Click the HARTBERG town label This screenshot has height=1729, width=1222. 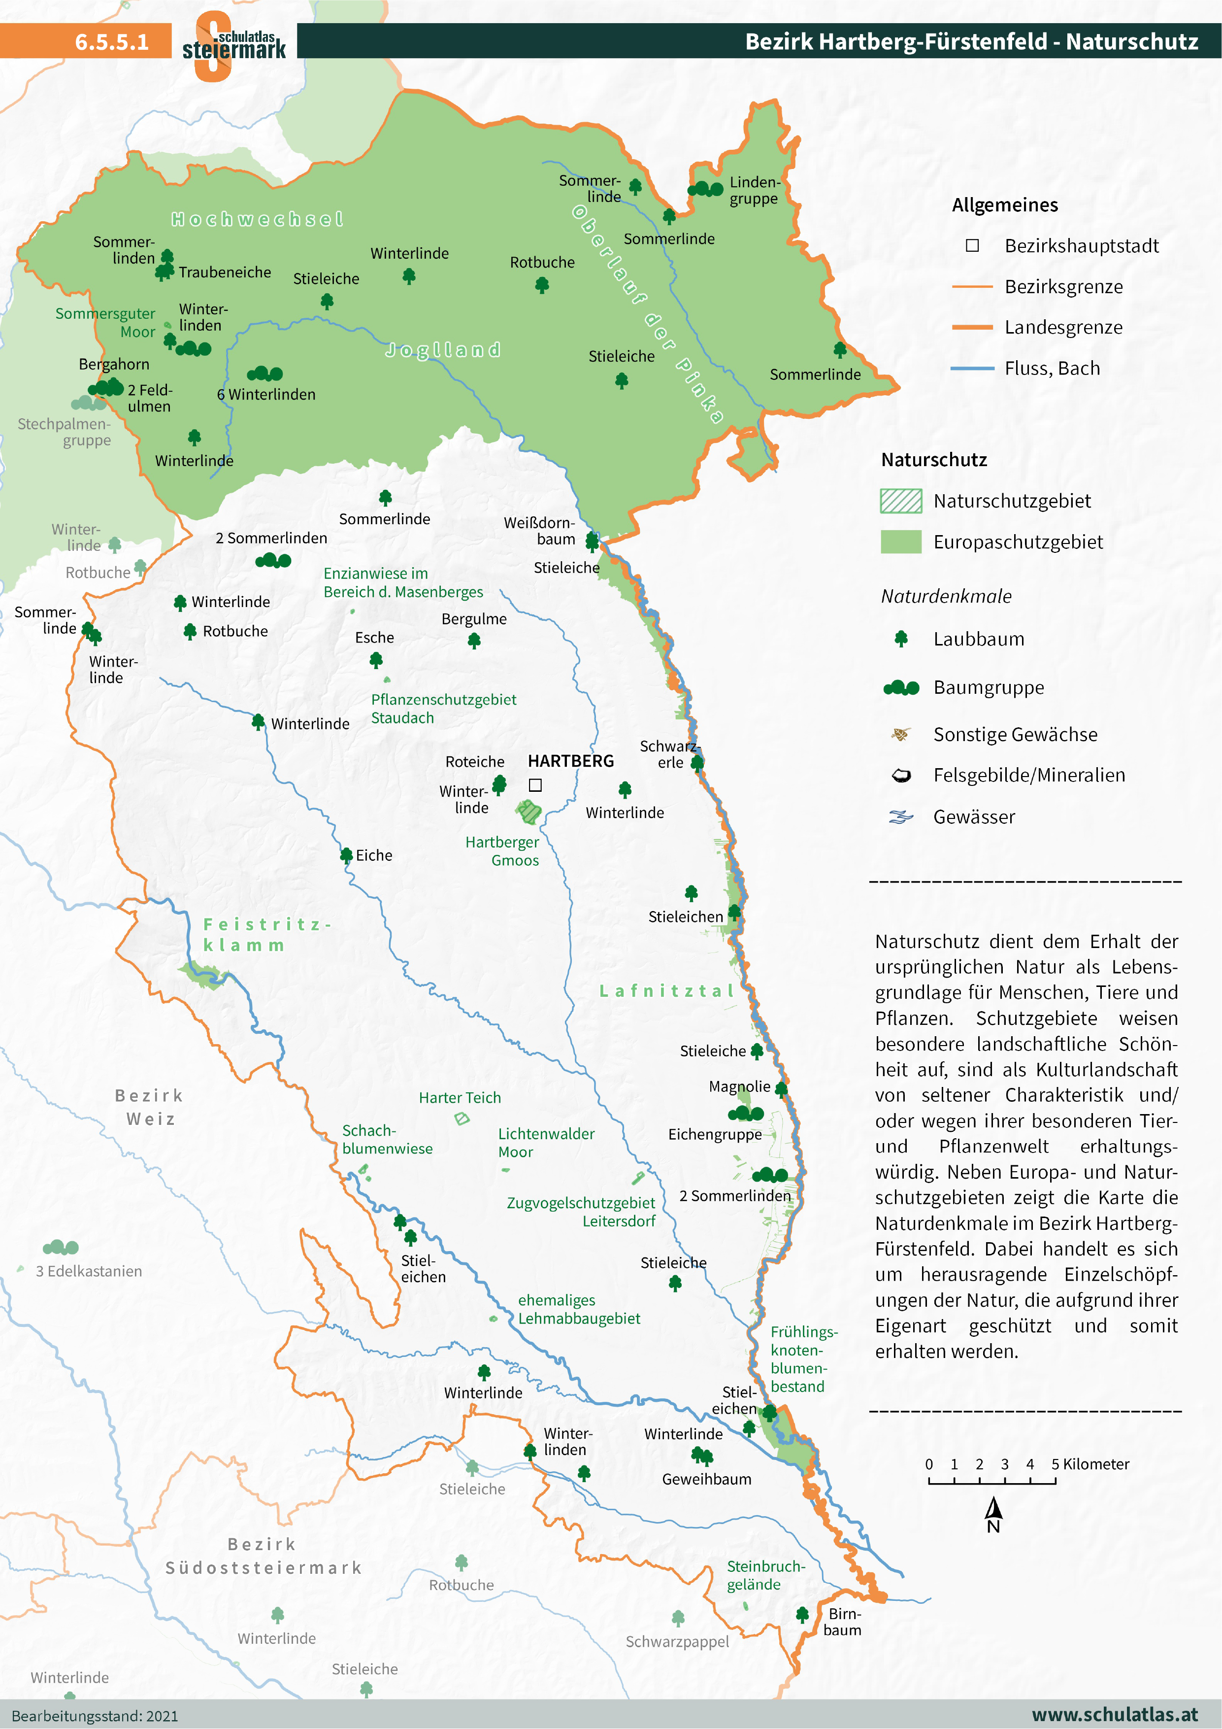coord(571,761)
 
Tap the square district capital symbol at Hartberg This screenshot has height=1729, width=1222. coord(535,784)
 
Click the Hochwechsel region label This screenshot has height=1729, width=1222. coord(257,219)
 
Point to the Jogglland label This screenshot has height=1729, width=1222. coord(443,350)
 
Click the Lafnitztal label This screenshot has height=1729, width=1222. coord(666,991)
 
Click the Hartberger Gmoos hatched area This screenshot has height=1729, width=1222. coord(529,812)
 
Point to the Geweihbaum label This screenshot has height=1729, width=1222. coord(706,1479)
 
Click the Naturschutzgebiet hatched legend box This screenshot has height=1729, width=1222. coord(900,501)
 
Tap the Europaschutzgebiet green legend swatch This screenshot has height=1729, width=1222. coord(900,542)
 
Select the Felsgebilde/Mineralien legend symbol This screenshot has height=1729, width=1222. coord(900,776)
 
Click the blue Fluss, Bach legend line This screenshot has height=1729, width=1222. coord(972,368)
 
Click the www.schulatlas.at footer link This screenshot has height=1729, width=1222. coord(1114,1715)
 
